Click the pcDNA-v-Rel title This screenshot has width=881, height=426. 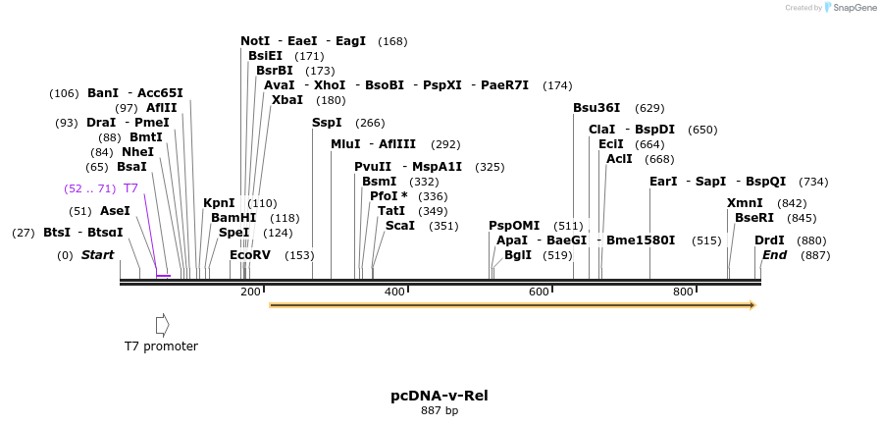(440, 396)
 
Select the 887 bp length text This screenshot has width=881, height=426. (440, 410)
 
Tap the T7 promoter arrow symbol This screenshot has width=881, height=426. (162, 324)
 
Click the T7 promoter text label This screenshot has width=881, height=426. (161, 346)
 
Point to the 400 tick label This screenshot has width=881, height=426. (394, 292)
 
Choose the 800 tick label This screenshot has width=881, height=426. (683, 292)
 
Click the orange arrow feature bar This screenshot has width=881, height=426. (511, 305)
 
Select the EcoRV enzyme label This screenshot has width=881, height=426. (249, 255)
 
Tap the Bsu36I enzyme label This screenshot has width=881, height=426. (596, 108)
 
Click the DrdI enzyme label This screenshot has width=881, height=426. (769, 240)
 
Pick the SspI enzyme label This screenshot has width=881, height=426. (327, 123)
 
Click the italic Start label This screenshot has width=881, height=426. (97, 255)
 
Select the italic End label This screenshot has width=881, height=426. (774, 255)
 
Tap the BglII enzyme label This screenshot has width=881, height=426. (518, 255)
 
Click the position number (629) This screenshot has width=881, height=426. (649, 108)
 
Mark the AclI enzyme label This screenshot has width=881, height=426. (619, 159)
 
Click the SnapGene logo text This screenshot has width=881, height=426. (852, 8)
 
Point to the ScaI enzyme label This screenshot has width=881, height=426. (399, 226)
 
